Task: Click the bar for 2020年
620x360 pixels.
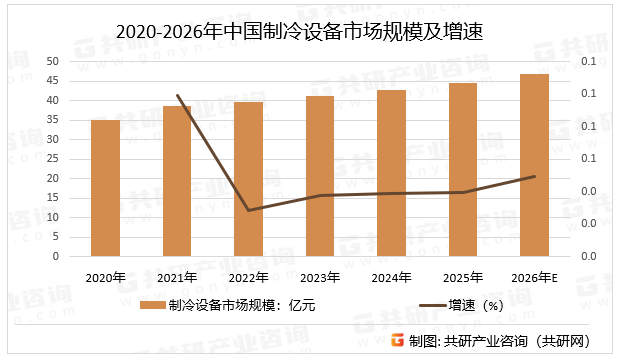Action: click(105, 188)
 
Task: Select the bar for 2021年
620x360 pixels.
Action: click(177, 181)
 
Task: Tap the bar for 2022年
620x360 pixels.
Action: click(248, 179)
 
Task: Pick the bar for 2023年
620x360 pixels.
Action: click(320, 176)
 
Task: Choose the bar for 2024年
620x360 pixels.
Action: click(391, 173)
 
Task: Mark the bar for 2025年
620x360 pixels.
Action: click(463, 170)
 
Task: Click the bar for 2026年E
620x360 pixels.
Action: click(534, 165)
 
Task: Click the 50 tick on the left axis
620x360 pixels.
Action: click(52, 62)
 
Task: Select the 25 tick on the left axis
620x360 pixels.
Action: click(52, 159)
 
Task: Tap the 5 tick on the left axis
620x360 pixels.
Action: click(55, 237)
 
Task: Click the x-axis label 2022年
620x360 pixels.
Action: click(248, 277)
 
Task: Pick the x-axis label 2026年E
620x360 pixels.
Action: click(534, 277)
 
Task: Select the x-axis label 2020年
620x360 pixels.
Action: click(105, 277)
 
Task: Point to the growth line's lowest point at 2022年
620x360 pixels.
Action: click(248, 210)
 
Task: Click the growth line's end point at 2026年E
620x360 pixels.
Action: click(534, 176)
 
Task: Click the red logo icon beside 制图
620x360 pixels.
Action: click(397, 340)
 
